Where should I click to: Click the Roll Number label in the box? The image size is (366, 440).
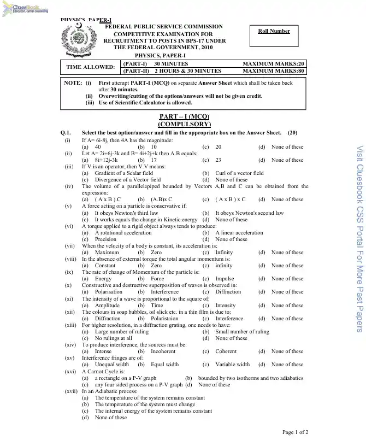click(274, 31)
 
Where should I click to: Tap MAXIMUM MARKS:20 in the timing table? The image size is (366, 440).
click(274, 64)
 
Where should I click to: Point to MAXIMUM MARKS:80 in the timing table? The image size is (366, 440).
click(274, 71)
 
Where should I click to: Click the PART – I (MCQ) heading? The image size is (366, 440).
click(184, 117)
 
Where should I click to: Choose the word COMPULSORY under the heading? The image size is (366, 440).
click(184, 124)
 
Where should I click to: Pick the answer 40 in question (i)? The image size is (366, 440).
click(97, 147)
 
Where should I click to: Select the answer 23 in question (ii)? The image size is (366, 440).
click(218, 160)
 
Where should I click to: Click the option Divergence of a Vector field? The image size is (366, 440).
click(128, 180)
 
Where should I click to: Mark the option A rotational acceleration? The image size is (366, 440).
click(123, 232)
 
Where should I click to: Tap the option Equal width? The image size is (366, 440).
click(164, 365)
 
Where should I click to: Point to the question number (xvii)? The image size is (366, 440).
click(71, 391)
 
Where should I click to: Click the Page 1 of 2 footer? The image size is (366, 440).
click(295, 432)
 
